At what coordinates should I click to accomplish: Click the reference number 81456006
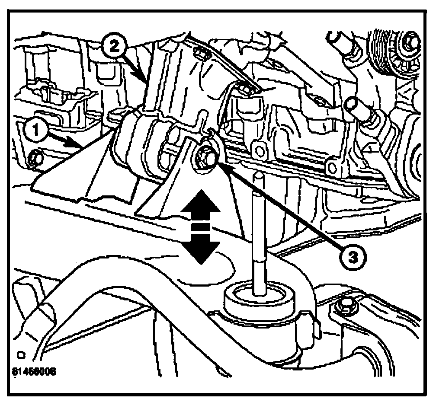(34, 371)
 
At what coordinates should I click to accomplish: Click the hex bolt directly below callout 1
(34, 159)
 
